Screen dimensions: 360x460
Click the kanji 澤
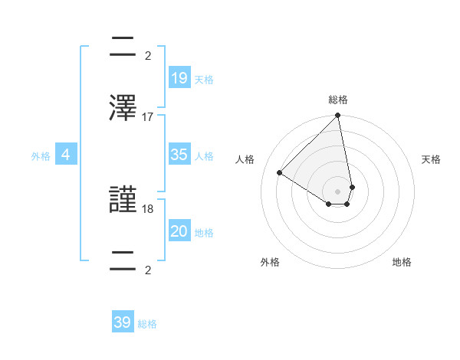124,109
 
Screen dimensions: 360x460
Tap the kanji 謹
124,201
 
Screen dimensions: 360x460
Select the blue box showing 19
179,77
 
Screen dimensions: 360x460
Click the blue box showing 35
179,155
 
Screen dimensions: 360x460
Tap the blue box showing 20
179,231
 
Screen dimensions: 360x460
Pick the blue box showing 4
66,155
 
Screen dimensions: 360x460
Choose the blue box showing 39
123,322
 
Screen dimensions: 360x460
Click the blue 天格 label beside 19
204,80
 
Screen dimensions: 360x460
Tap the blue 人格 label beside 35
204,156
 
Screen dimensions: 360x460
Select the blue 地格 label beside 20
204,233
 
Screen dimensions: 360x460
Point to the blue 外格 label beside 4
41,156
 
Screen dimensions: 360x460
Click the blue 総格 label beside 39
147,325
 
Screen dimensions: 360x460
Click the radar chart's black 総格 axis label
338,100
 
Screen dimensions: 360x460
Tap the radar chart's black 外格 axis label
270,262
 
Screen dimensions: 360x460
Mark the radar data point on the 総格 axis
338,116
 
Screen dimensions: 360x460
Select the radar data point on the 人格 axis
280,173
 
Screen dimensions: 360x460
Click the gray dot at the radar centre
338,191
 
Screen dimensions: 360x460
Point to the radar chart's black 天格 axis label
431,159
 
